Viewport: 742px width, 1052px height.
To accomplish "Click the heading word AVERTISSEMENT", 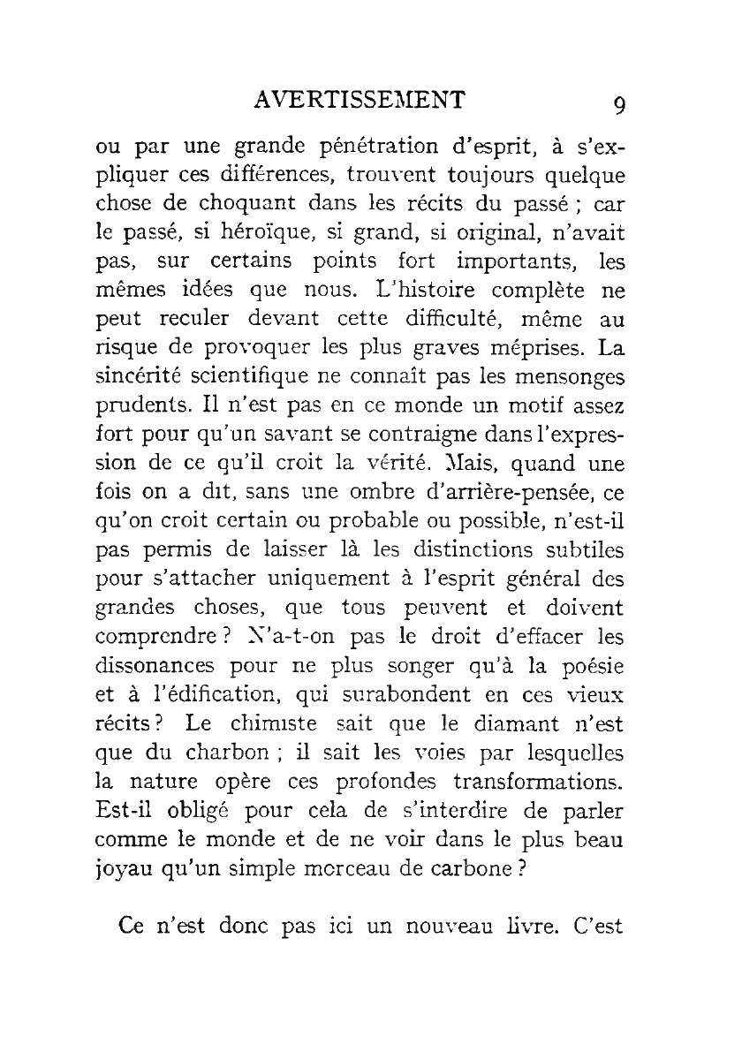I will pyautogui.click(x=358, y=98).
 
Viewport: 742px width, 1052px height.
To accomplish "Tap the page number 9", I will pyautogui.click(x=619, y=104).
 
